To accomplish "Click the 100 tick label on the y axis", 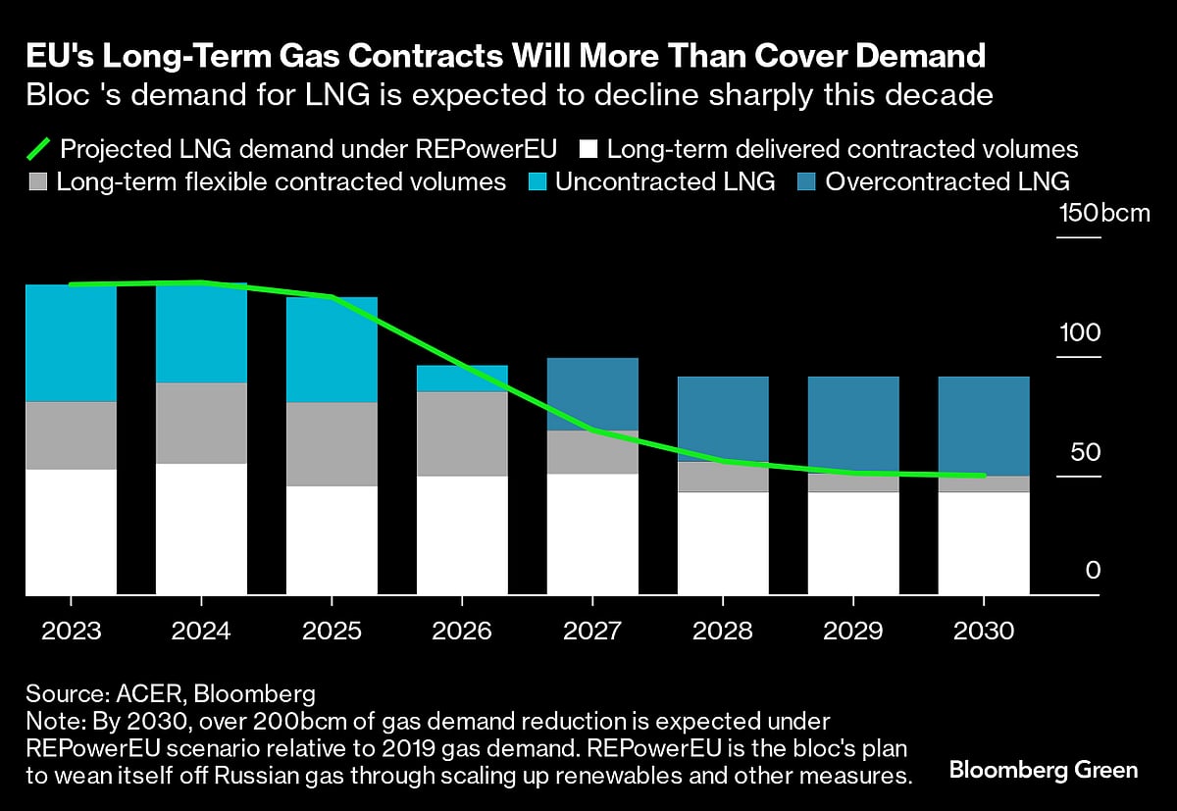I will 1079,332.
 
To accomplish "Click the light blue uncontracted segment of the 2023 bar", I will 71,343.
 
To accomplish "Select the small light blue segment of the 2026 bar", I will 462,379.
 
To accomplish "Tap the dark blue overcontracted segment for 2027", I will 592,394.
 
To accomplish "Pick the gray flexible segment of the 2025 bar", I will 332,443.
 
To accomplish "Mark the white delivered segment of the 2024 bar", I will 201,530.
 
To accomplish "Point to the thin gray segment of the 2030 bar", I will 984,484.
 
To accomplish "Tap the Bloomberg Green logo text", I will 1044,770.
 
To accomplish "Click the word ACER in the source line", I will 145,694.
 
